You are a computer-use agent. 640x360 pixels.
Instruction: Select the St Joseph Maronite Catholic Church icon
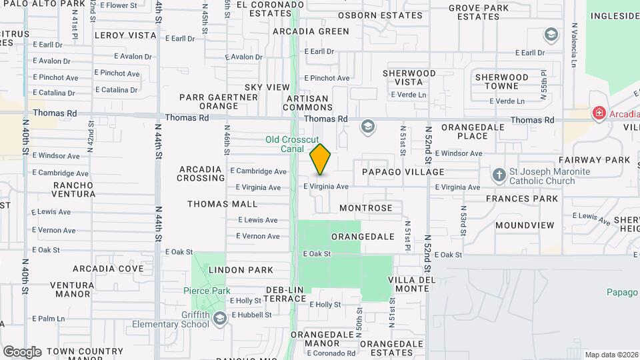coord(499,176)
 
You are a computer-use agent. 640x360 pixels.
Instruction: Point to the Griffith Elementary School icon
coord(219,319)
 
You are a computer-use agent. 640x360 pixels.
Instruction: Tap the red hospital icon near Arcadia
coord(599,113)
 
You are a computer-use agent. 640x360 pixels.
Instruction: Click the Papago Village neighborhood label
coord(403,172)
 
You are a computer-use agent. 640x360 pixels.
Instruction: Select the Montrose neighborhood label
coord(366,208)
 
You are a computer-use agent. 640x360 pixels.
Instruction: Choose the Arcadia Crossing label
coord(201,173)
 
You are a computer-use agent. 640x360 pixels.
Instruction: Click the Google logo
coord(21,351)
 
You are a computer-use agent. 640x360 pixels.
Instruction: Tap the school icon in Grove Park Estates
coord(551,34)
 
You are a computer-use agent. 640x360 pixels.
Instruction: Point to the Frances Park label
coord(521,199)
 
